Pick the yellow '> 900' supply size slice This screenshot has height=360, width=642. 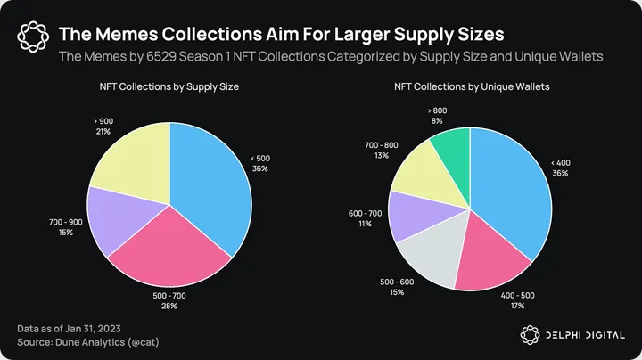[129, 165]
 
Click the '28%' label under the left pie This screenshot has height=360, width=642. [169, 306]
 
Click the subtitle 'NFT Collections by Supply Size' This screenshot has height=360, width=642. [169, 87]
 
